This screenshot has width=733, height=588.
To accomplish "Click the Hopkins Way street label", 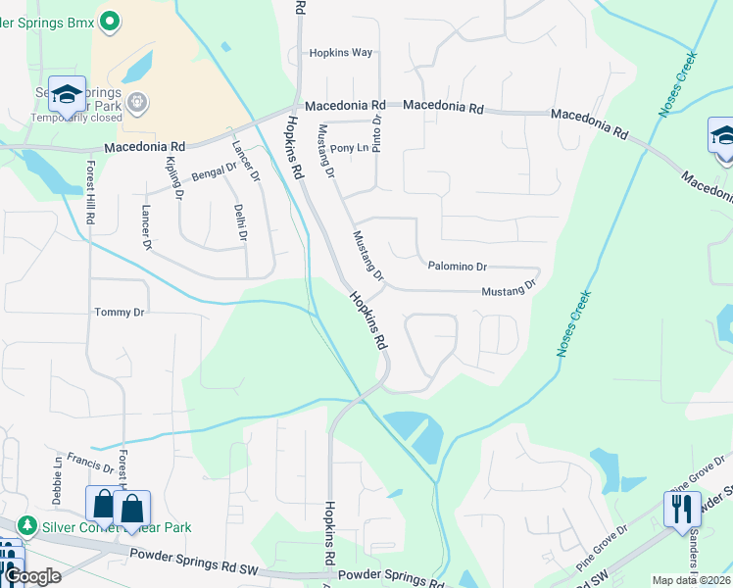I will tap(341, 53).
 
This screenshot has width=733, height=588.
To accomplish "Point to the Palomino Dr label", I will tap(458, 267).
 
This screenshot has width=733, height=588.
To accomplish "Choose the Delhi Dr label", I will tap(239, 221).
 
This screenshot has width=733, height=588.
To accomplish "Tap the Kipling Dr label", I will tap(175, 177).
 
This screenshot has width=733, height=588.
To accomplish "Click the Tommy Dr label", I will tap(119, 312).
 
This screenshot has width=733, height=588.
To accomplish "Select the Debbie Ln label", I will tap(58, 473).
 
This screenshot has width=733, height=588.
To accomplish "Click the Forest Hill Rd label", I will tap(89, 192).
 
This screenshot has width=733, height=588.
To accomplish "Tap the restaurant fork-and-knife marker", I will tap(682, 508).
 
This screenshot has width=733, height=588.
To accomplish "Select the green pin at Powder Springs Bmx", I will tap(111, 19).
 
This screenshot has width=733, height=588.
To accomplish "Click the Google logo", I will tap(32, 576).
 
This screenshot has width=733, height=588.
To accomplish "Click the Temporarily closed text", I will tap(76, 118).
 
